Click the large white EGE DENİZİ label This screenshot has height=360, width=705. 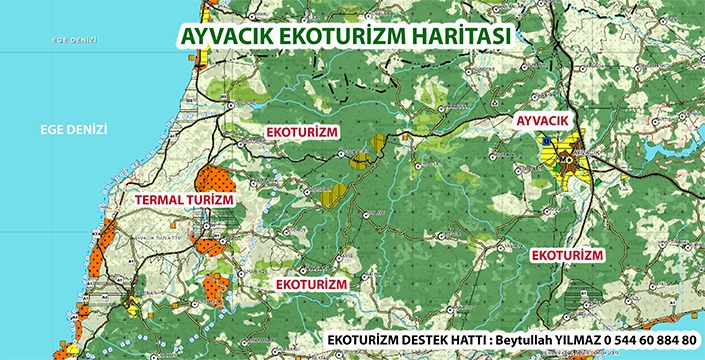pyautogui.click(x=73, y=129)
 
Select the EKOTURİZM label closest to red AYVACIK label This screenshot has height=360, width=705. pyautogui.click(x=567, y=256)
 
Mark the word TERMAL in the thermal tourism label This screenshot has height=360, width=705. pyautogui.click(x=160, y=200)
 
